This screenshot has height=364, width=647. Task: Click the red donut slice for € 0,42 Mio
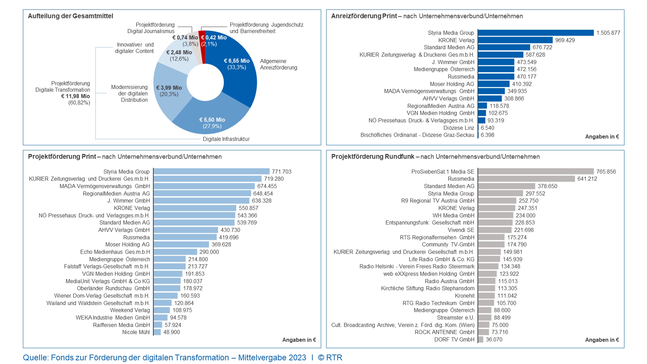[202, 48]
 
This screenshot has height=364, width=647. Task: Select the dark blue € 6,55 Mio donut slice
[239, 75]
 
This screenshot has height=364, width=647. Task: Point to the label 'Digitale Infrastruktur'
[226, 139]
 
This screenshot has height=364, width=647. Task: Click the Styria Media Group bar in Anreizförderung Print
[536, 33]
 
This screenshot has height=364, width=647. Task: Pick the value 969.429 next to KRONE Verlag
[565, 40]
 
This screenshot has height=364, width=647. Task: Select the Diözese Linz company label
[459, 128]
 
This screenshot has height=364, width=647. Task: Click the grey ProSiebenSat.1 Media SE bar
[536, 172]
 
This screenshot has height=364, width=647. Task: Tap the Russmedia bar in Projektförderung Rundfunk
[526, 179]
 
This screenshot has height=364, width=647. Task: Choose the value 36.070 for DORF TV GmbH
[494, 340]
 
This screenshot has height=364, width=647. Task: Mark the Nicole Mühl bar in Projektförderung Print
[157, 332]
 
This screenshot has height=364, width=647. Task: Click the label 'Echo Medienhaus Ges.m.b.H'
[115, 252]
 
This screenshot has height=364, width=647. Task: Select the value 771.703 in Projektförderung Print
[282, 172]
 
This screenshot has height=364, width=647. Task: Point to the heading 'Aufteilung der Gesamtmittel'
[71, 16]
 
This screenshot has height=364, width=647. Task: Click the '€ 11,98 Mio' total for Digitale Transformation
[75, 96]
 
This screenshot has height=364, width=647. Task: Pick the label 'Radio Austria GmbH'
[449, 281]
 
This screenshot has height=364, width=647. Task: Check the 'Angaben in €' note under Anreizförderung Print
[602, 137]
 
